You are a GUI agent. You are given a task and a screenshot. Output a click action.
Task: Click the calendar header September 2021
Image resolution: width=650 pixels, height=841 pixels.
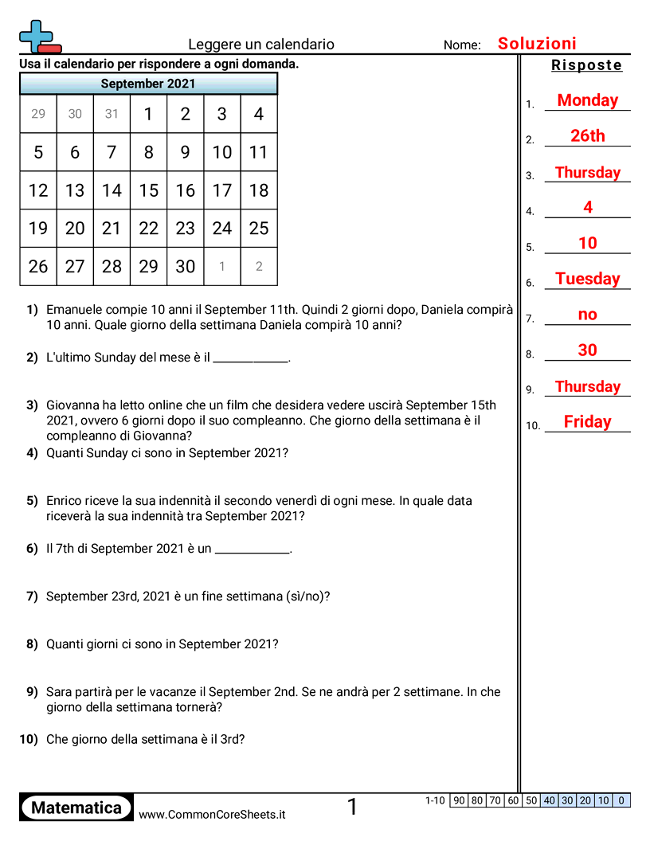(x=148, y=84)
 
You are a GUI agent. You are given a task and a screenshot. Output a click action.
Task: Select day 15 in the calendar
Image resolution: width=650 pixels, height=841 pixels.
(x=148, y=190)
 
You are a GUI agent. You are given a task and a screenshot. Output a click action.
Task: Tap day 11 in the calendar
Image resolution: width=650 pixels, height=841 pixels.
(x=258, y=152)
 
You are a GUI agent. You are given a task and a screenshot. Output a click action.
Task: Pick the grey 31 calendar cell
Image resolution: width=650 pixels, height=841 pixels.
(x=112, y=114)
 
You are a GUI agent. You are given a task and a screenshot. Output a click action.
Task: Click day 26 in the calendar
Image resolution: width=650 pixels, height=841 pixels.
(x=38, y=267)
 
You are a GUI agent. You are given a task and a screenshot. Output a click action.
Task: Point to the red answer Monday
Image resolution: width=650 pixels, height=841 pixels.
(x=587, y=100)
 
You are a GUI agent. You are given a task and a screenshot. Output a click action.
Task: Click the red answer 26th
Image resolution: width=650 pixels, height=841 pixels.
(x=587, y=136)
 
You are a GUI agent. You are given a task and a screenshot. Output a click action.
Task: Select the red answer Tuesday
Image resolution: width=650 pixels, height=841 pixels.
(x=587, y=279)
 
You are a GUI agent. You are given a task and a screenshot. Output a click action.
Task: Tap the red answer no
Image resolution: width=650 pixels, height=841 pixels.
(x=587, y=315)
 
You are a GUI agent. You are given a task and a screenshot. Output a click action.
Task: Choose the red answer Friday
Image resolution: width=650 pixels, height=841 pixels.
(x=587, y=422)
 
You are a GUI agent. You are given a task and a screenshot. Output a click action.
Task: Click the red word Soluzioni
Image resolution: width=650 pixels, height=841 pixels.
(x=537, y=44)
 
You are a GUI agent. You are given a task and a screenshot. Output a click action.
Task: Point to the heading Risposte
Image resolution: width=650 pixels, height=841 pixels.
(x=586, y=65)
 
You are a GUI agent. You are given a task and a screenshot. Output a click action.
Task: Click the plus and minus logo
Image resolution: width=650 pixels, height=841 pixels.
(x=38, y=37)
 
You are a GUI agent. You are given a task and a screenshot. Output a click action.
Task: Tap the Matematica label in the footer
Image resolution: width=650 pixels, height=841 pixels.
(x=76, y=808)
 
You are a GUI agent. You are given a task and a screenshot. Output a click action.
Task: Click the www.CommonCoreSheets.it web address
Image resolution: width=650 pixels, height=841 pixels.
(x=212, y=814)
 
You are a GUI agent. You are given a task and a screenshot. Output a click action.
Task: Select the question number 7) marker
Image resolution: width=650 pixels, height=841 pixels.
(x=32, y=596)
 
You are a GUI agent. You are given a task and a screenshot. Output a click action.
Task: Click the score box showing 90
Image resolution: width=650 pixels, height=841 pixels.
(x=459, y=800)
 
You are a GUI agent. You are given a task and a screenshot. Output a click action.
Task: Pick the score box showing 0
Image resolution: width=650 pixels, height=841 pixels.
(x=621, y=800)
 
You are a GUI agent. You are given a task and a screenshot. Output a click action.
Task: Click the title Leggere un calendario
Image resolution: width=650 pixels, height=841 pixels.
(x=261, y=45)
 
